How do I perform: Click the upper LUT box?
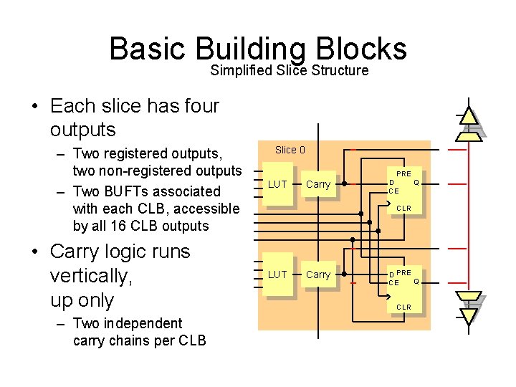(x=277, y=186)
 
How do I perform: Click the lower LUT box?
(x=277, y=275)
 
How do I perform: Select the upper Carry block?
(x=318, y=185)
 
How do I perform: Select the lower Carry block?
(x=318, y=275)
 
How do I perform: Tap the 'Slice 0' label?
(x=290, y=150)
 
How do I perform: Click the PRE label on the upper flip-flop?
(x=404, y=173)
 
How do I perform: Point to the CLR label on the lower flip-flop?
(x=404, y=307)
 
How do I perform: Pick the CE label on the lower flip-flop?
(x=393, y=283)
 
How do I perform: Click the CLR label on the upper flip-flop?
(x=404, y=209)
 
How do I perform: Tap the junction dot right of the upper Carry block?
(x=344, y=184)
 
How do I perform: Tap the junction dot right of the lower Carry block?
(x=344, y=274)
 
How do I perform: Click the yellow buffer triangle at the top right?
(x=469, y=116)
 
